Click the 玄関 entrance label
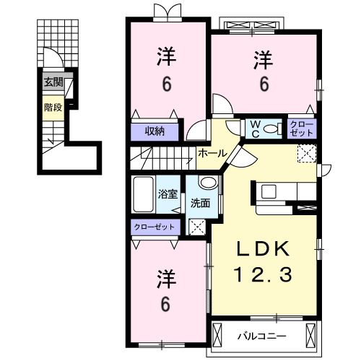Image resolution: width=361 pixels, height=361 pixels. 53,82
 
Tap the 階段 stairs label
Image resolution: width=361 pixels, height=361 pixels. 52,108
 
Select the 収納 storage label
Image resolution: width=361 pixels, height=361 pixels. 154,131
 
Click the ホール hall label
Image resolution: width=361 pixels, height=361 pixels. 212,152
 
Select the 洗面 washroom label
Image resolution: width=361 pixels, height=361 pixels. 200,203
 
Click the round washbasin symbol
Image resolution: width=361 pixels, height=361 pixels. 207,183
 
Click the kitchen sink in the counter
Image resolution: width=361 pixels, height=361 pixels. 269,192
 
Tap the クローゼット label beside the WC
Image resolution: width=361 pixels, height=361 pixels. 302,129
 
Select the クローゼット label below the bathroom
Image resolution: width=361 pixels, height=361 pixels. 155,227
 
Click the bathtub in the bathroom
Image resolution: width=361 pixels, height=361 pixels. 144,193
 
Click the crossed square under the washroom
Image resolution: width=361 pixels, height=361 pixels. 196,226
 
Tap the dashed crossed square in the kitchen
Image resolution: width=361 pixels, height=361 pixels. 306,154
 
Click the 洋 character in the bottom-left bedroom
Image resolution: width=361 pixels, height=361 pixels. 165,278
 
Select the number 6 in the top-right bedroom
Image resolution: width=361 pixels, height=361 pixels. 264,84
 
